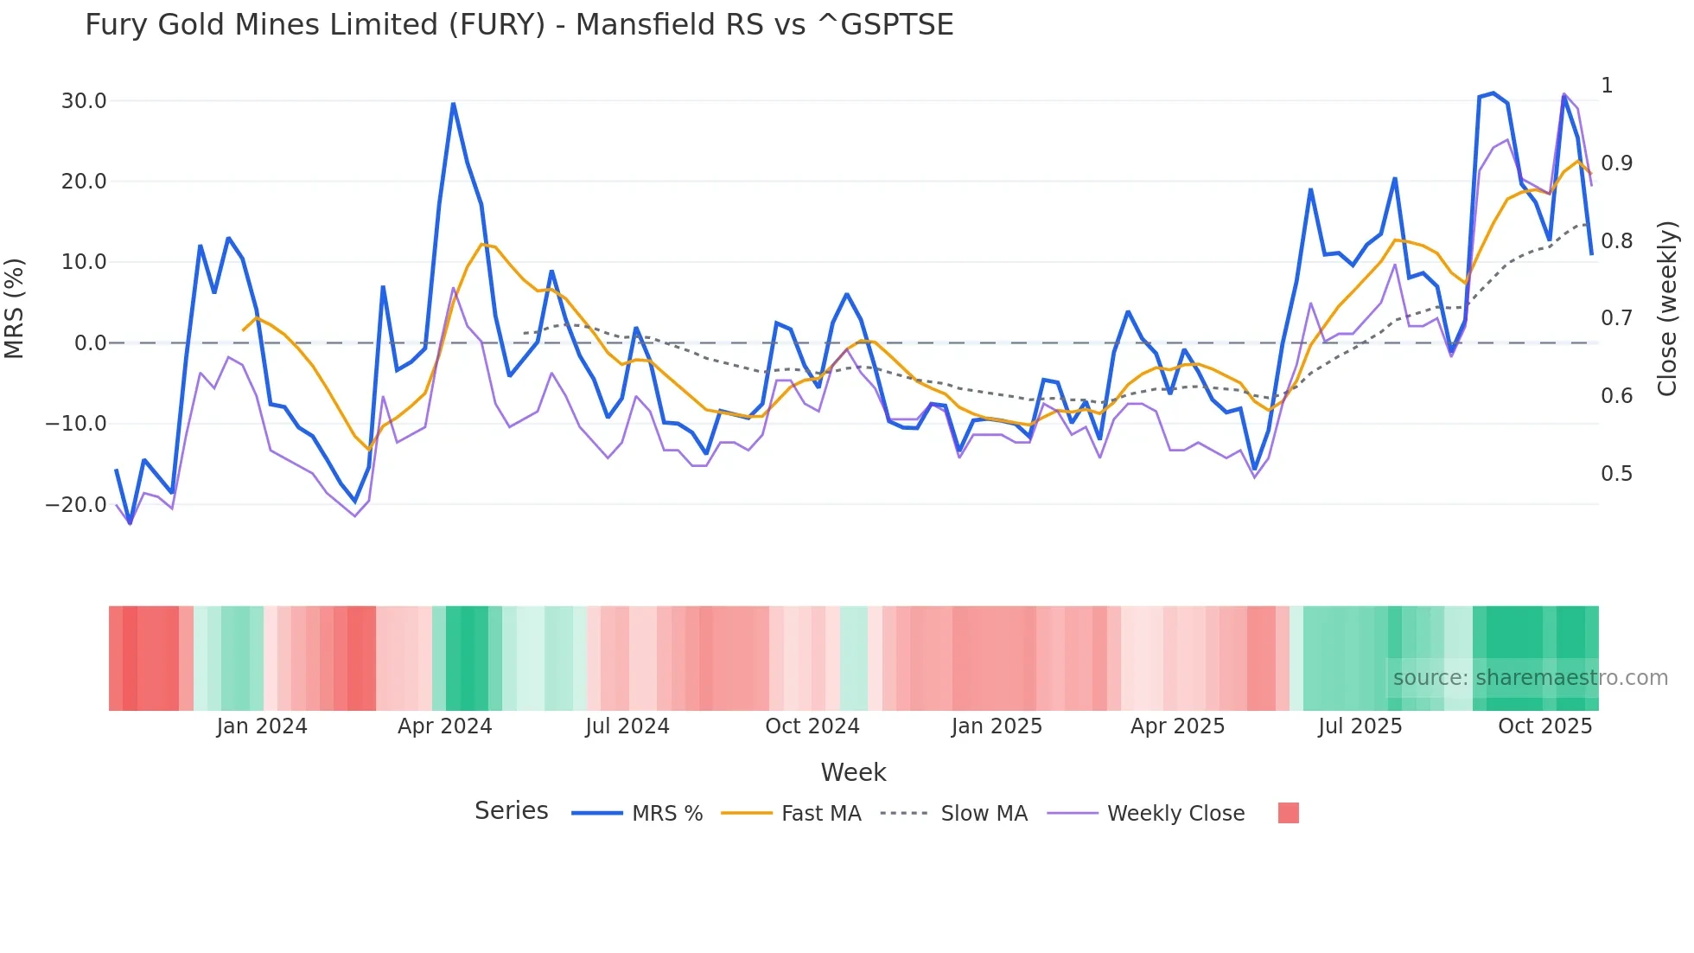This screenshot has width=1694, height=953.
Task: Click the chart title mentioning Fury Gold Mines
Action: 519,24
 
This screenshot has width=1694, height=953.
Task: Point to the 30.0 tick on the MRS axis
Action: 84,101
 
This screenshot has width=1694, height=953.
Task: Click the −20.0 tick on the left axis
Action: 76,504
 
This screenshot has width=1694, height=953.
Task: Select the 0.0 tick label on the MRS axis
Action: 91,343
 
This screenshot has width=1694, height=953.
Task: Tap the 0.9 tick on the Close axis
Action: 1616,163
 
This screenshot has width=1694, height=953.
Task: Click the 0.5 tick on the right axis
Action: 1616,474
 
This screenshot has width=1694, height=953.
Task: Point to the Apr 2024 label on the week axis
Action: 444,726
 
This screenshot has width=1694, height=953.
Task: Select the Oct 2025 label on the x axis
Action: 1544,726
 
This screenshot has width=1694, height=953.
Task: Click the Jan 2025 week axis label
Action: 997,726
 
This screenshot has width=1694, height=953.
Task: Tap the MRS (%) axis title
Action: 15,308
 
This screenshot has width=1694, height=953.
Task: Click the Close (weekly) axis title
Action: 1667,308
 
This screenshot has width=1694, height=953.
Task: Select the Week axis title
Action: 853,772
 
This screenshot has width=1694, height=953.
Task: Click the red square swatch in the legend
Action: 1288,813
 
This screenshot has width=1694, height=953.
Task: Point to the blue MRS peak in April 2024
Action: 453,105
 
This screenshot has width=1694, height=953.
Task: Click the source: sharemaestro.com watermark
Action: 1530,678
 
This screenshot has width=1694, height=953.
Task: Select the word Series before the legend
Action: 511,811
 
